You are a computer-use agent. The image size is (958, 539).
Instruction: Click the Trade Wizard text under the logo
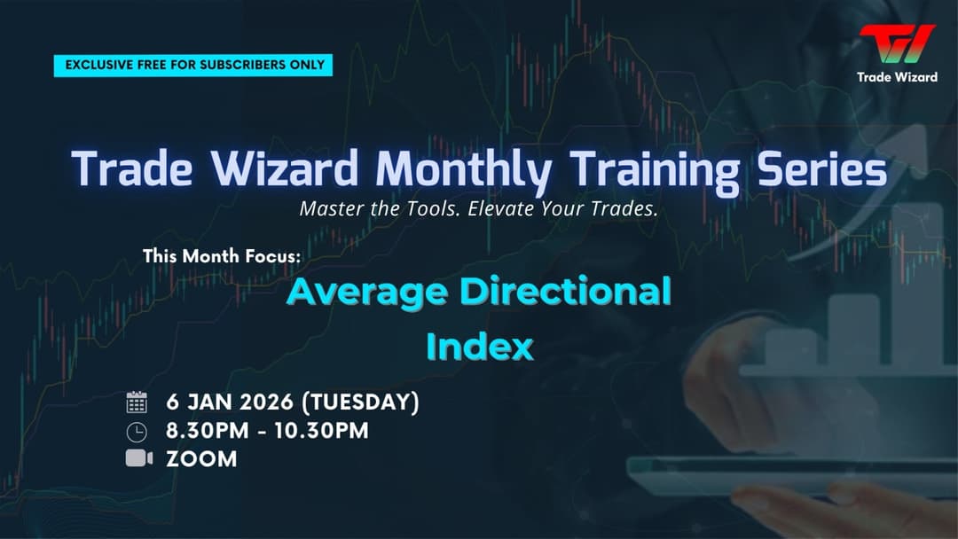[x=897, y=77]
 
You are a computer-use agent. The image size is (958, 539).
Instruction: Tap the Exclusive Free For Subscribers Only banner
[x=193, y=65]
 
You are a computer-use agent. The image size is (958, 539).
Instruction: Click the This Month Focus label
[x=222, y=257]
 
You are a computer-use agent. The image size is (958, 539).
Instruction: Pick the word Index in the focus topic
[x=479, y=347]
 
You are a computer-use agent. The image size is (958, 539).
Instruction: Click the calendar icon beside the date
[x=137, y=402]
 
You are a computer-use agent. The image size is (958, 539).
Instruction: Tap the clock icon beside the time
[x=137, y=432]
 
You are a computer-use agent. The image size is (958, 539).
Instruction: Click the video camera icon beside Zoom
[x=138, y=458]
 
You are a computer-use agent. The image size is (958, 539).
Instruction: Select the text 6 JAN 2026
[x=230, y=402]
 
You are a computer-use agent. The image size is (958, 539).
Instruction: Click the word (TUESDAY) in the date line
[x=360, y=402]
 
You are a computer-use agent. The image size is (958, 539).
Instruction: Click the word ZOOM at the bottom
[x=201, y=459]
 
